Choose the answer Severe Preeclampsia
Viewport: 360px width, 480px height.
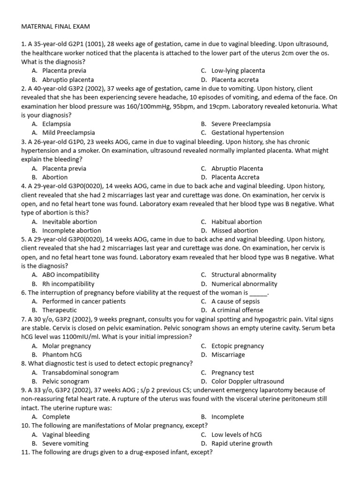pos(241,124)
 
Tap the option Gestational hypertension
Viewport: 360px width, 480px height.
pos(247,133)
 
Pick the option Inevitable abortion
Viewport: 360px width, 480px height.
pos(69,222)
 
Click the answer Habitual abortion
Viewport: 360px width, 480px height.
pos(236,222)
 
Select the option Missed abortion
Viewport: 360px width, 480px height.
pos(234,231)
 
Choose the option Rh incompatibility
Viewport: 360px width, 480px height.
pos(68,284)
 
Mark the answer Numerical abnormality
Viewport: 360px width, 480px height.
pos(244,284)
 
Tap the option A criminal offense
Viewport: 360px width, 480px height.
pos(237,310)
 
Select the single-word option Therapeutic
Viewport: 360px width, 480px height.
pos(60,310)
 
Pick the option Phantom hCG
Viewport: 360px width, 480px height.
pos(62,355)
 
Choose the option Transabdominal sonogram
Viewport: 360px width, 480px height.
pos(80,373)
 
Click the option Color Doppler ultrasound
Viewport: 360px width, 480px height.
pos(247,382)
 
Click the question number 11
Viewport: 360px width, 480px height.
pos(25,452)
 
